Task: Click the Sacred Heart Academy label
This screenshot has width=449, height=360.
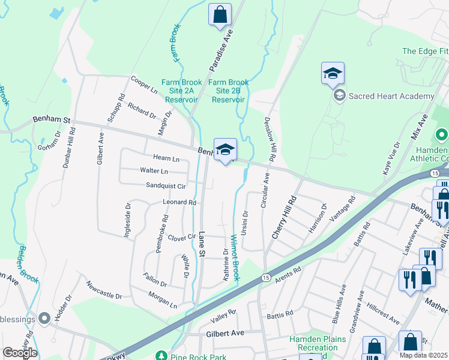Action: [391, 96]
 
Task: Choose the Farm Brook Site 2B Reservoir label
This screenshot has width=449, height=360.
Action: [228, 91]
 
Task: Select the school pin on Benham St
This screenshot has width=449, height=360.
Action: [225, 150]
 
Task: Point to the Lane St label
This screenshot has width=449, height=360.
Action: [202, 245]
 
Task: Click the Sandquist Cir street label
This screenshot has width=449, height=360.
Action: [166, 187]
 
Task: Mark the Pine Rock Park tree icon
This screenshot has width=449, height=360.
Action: [160, 356]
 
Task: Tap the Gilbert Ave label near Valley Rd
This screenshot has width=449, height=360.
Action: [225, 333]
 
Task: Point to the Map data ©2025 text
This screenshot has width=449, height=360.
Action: [423, 355]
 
